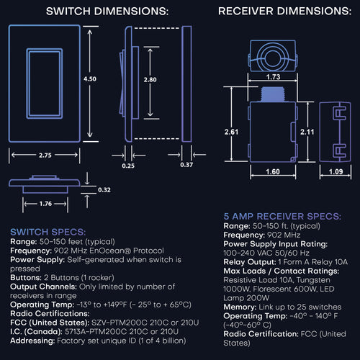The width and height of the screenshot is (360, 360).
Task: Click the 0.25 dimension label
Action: coord(128,165)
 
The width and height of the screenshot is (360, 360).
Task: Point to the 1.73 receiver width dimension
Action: coord(273,76)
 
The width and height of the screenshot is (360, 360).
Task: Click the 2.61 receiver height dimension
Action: coord(231,132)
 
